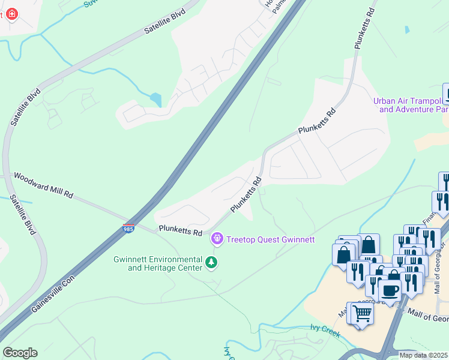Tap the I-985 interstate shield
point(128,229)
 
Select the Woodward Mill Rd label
point(43,187)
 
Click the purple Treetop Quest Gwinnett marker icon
point(217,239)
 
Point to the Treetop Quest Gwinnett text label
point(270,239)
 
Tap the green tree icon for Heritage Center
point(211,262)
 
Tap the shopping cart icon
point(361,313)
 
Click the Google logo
point(20,353)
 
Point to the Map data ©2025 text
point(423,355)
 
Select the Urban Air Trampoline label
point(411,106)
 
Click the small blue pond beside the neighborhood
point(155,99)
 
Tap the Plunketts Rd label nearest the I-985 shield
point(180,231)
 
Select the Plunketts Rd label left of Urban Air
point(317,122)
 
